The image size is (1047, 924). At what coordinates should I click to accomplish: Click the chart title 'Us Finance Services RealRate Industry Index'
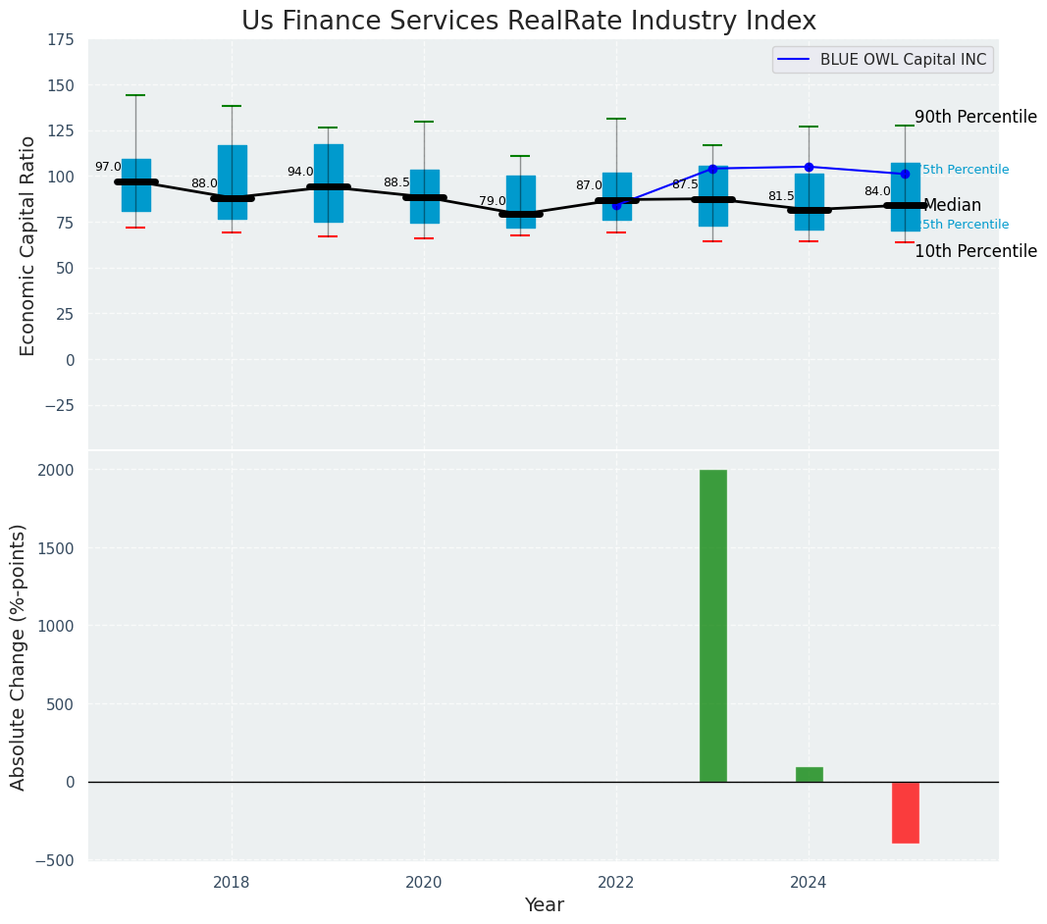[528, 21]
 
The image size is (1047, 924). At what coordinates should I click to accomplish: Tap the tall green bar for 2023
[712, 626]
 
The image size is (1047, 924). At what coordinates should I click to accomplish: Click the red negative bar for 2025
[905, 812]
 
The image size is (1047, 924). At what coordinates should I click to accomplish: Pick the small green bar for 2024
[809, 774]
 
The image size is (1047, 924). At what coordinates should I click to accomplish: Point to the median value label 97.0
[108, 167]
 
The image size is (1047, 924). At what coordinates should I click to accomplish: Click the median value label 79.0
[493, 201]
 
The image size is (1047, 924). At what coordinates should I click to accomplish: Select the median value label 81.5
[781, 196]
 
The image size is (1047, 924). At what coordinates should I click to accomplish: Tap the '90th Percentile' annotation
[975, 117]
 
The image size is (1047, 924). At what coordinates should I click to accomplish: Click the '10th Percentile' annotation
[975, 251]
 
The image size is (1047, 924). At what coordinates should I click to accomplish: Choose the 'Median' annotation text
[952, 205]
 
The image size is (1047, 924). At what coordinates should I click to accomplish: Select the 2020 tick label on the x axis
[424, 883]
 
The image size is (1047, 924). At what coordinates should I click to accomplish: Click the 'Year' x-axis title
[544, 905]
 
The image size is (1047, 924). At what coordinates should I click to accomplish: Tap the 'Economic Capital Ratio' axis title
[27, 245]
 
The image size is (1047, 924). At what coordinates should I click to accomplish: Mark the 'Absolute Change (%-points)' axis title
[18, 656]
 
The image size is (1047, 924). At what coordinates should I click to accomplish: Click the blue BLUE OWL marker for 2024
[809, 167]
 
